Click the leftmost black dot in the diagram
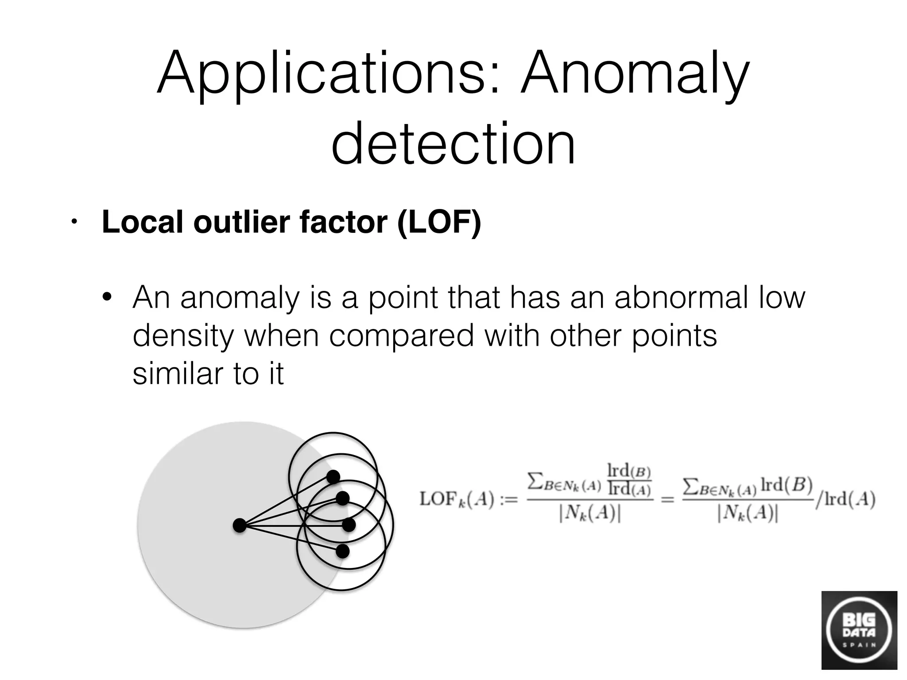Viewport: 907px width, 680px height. pos(239,525)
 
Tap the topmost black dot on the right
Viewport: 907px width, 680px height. pos(333,477)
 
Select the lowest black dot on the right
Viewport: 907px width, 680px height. pos(342,551)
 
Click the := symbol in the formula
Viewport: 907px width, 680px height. pos(508,500)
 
